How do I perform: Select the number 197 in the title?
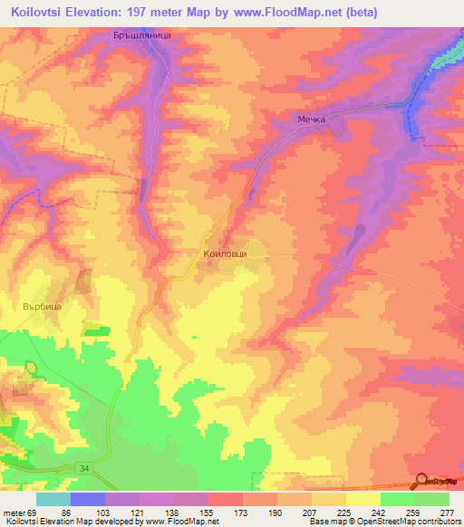151,12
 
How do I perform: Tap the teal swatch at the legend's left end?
53,499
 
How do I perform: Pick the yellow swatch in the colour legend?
362,499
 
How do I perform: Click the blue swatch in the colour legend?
87,499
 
